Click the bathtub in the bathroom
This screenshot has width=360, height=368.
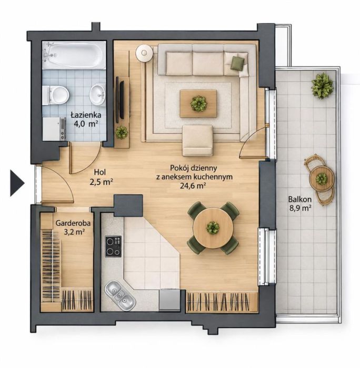coord(74,55)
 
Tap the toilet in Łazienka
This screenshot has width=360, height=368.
coord(56,95)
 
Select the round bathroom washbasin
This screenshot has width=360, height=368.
coord(97,95)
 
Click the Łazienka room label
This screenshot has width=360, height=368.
coord(86,119)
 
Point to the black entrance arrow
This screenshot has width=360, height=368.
coord(17,183)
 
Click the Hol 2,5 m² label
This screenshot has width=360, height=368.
coord(101,177)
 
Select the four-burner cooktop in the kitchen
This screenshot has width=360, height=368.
coord(113,246)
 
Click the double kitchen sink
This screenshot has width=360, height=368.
coord(120,295)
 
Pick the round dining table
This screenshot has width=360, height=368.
coord(213,228)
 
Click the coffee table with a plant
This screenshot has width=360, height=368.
coord(198,103)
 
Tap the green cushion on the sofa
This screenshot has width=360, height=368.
coord(237,63)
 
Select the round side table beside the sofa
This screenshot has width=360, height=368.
coord(144,53)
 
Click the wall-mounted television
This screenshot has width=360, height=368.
coord(122,100)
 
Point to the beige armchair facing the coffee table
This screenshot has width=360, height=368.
coord(197,140)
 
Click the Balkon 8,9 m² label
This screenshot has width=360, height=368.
coord(300,203)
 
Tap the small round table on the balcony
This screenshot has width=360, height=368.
coord(322,179)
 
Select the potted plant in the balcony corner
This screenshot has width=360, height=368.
coord(322,86)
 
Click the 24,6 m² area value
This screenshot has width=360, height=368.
coord(193,186)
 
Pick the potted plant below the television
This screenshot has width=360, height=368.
coord(122,132)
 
